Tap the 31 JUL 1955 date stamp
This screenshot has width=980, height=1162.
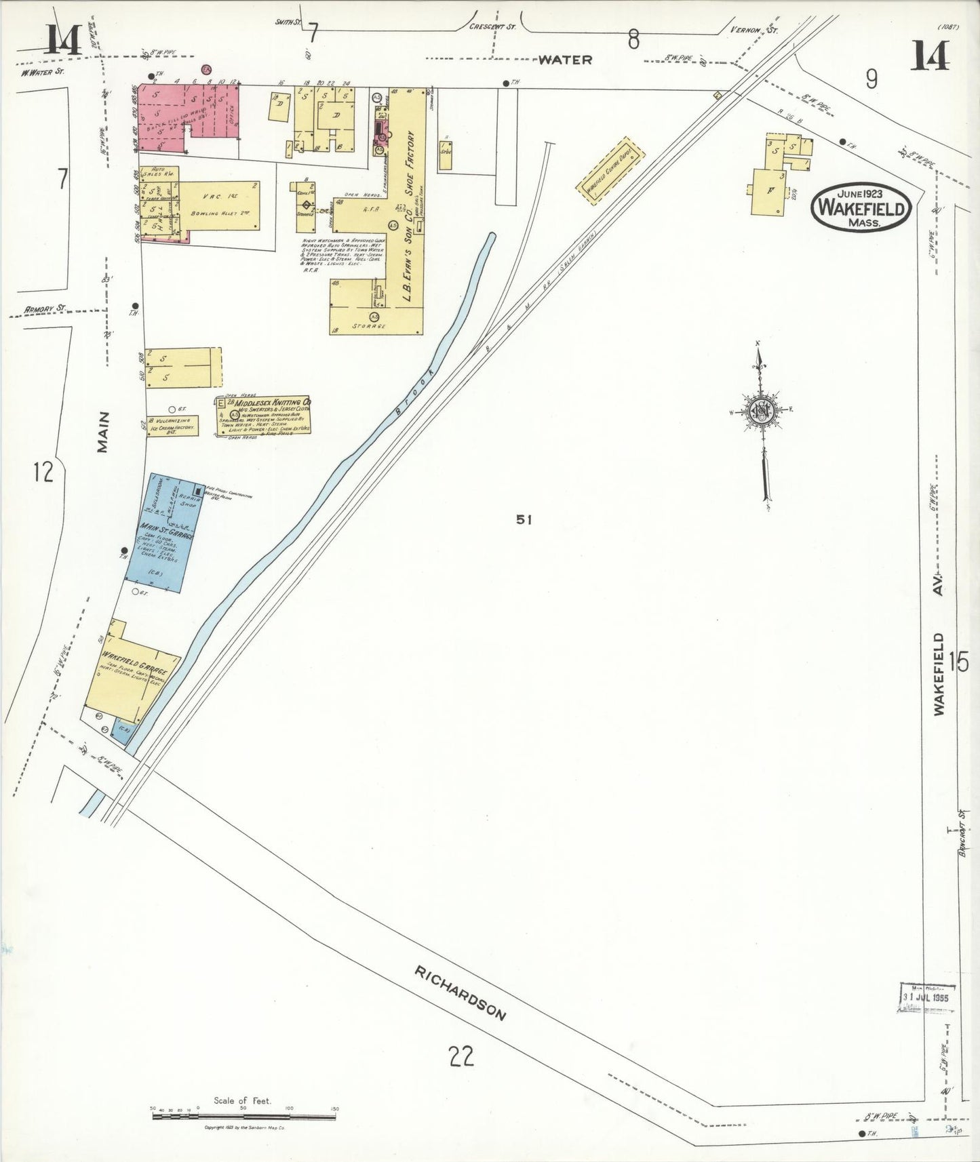pyautogui.click(x=927, y=997)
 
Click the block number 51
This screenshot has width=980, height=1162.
pyautogui.click(x=523, y=519)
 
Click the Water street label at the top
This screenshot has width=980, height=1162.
pyautogui.click(x=565, y=60)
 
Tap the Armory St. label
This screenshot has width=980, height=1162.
pyautogui.click(x=45, y=309)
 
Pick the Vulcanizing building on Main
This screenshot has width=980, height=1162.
pyautogui.click(x=172, y=425)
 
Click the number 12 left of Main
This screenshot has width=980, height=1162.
pyautogui.click(x=43, y=471)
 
